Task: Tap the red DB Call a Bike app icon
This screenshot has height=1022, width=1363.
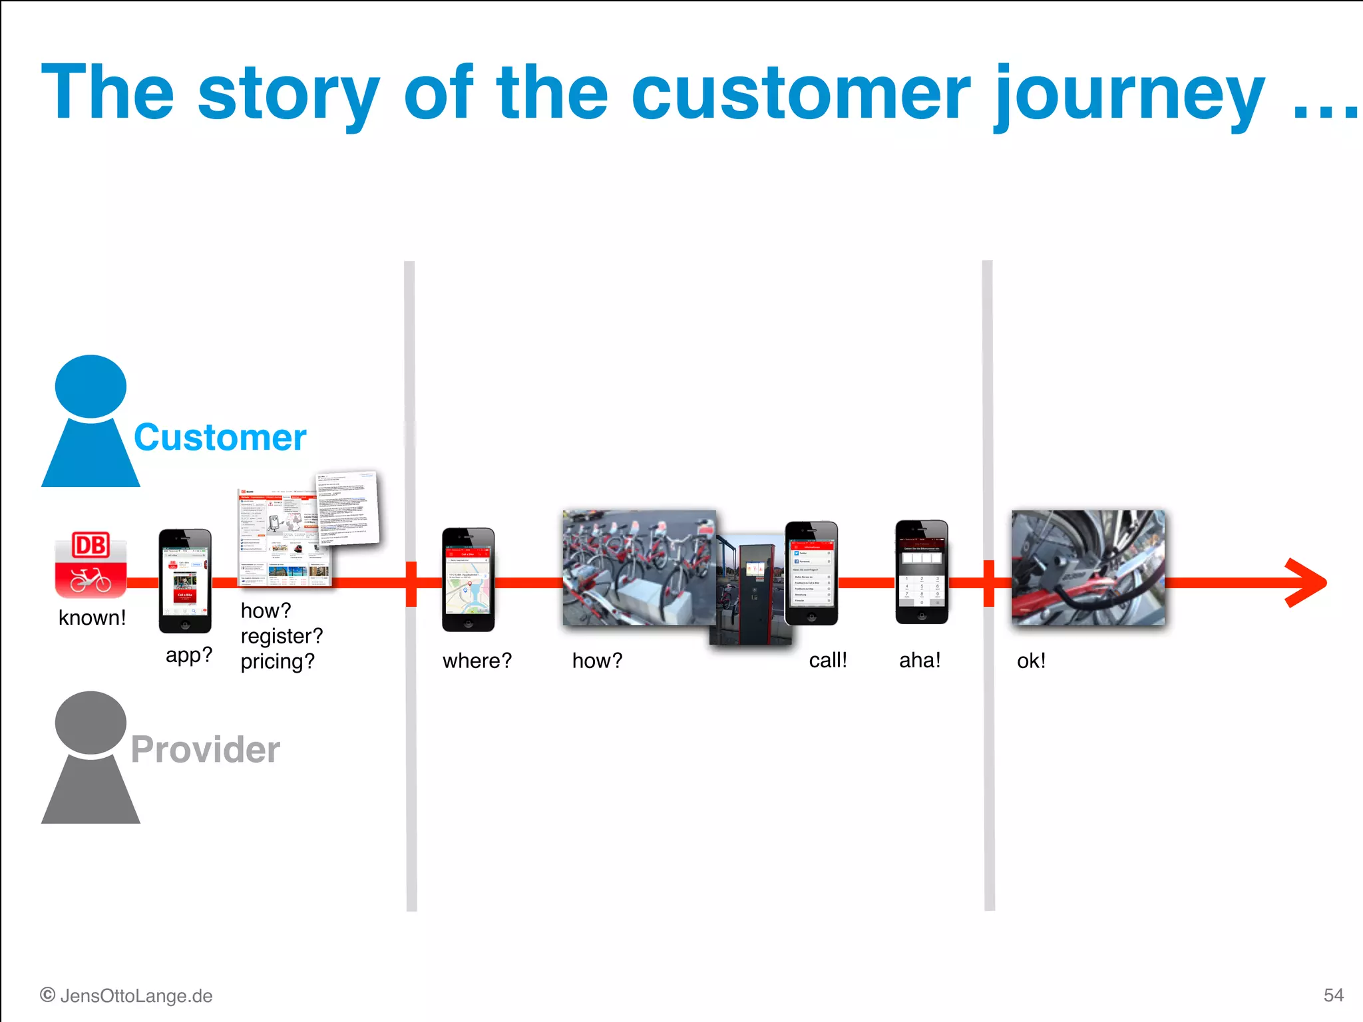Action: pyautogui.click(x=91, y=564)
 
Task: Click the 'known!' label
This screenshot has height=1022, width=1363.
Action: pyautogui.click(x=92, y=617)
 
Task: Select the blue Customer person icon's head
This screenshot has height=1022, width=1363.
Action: pyautogui.click(x=91, y=387)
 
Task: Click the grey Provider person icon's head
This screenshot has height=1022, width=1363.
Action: pyautogui.click(x=91, y=723)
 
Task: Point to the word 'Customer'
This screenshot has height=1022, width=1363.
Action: pyautogui.click(x=220, y=438)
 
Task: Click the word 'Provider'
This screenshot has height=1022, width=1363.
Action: pyautogui.click(x=205, y=749)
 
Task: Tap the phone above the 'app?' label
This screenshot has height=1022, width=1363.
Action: pyautogui.click(x=185, y=580)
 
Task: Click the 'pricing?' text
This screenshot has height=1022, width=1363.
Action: pyautogui.click(x=278, y=661)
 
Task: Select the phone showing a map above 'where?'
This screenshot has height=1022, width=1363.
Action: pyautogui.click(x=468, y=579)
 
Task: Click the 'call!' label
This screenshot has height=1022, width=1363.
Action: pyautogui.click(x=827, y=660)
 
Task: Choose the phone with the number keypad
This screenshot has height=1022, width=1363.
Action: pyautogui.click(x=921, y=572)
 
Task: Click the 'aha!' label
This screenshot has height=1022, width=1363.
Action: pyautogui.click(x=920, y=660)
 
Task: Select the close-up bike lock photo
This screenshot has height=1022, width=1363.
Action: pyautogui.click(x=1087, y=567)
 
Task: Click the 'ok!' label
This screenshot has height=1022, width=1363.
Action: pyautogui.click(x=1031, y=661)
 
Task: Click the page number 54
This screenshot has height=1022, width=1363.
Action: pyautogui.click(x=1333, y=995)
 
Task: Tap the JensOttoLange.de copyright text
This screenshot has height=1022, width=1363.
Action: pyautogui.click(x=126, y=995)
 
